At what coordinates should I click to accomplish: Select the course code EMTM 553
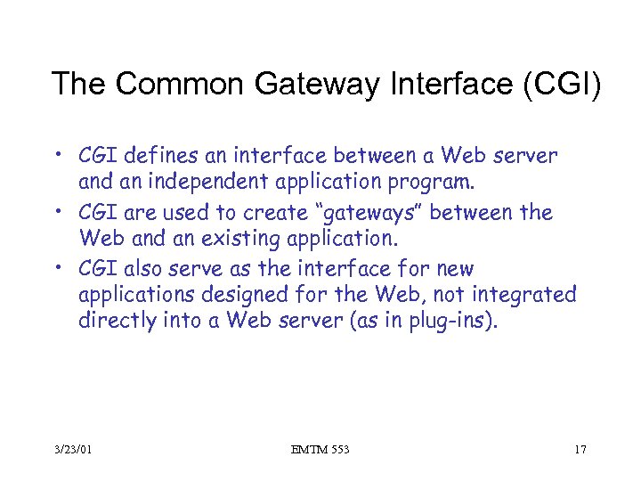click(320, 450)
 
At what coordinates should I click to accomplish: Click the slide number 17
click(580, 450)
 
